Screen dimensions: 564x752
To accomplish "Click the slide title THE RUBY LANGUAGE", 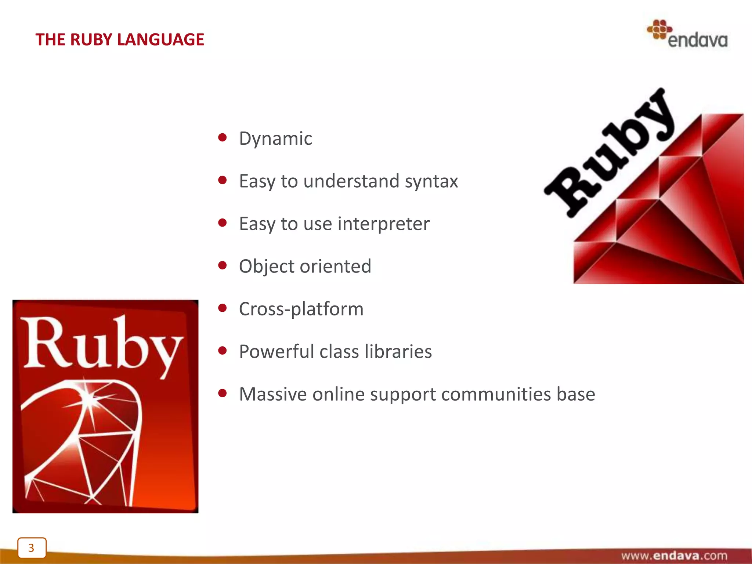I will pos(120,40).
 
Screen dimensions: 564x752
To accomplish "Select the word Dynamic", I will pos(275,139).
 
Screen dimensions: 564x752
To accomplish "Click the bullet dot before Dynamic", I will pos(222,138).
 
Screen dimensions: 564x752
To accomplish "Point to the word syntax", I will pos(431,181).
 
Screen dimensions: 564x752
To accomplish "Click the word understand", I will pos(351,181).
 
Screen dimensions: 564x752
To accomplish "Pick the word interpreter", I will pos(383,224).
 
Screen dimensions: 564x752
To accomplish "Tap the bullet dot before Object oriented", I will pos(222,265).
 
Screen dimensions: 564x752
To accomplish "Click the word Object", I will pos(266,267).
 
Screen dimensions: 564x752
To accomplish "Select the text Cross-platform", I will pos(301,309).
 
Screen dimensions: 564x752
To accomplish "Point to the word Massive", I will pos(273,394).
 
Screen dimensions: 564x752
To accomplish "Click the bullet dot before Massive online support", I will pos(222,393).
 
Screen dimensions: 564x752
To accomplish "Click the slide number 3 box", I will pos(32,548).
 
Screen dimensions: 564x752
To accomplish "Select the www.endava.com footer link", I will pos(674,556).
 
